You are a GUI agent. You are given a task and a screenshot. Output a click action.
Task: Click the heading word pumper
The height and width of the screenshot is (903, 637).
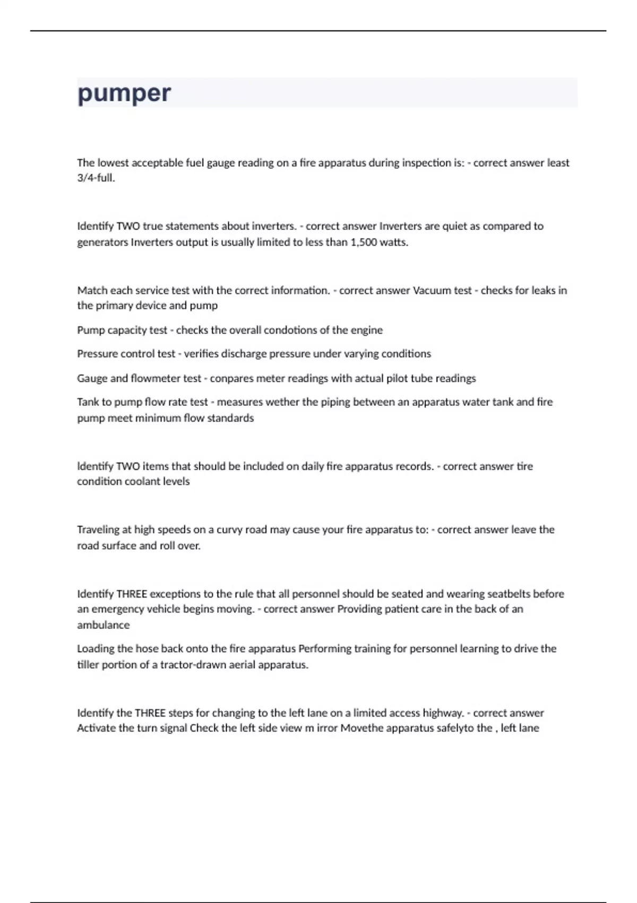tap(124, 93)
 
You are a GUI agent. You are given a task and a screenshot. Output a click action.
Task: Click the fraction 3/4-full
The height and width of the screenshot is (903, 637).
tap(96, 178)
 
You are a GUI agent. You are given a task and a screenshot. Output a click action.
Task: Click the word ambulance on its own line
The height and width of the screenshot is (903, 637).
tap(103, 625)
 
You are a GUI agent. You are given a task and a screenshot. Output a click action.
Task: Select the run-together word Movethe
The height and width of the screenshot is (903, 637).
tap(361, 728)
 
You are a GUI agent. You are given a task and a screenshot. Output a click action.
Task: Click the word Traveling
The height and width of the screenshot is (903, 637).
tap(99, 530)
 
